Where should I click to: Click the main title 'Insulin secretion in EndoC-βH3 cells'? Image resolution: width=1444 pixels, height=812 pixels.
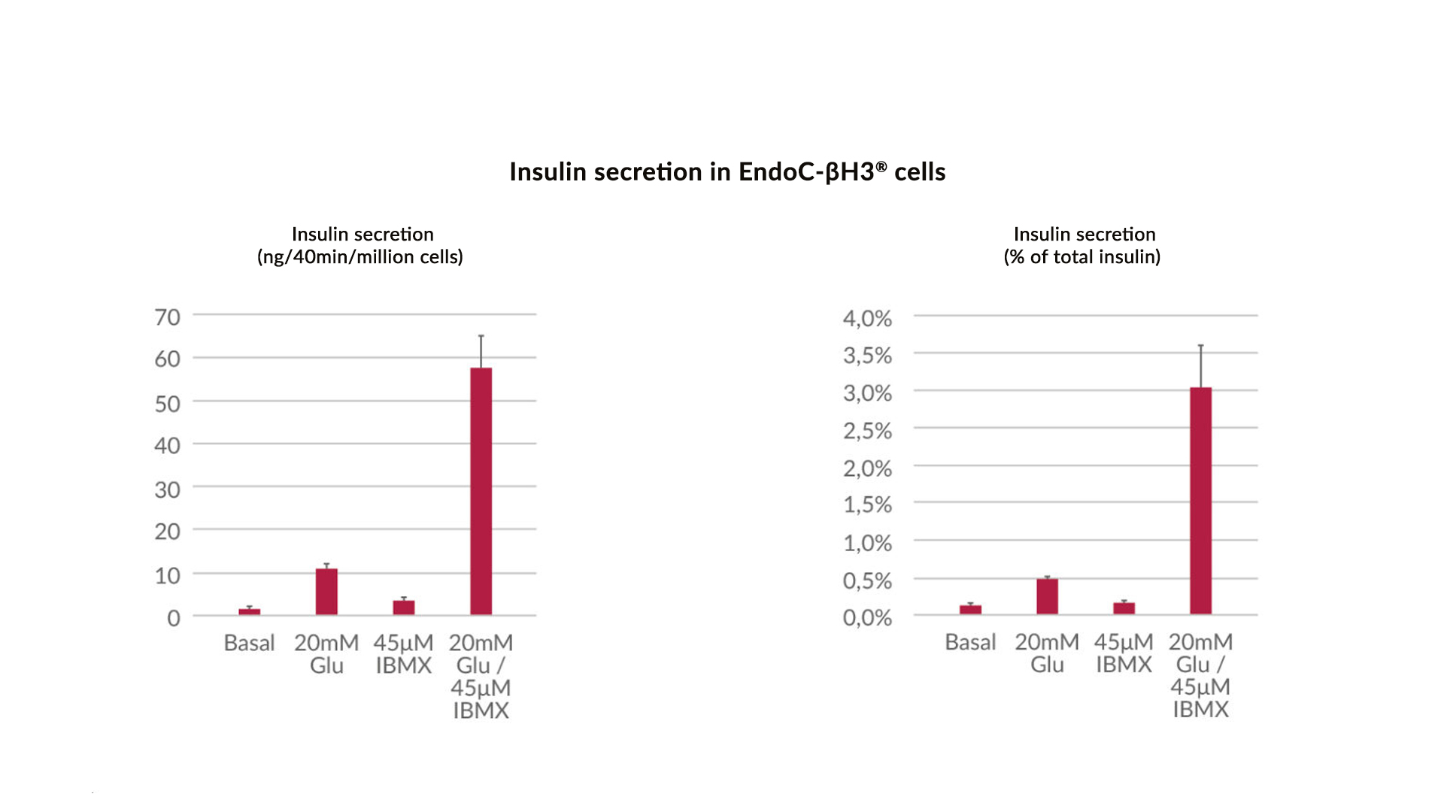(x=727, y=172)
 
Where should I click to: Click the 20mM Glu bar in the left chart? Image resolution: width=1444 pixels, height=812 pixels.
(x=326, y=592)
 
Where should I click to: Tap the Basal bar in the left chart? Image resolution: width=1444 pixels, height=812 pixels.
(x=250, y=611)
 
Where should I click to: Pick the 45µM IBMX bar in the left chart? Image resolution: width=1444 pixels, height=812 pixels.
(x=404, y=607)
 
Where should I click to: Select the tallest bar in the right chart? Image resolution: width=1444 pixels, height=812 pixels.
(x=1200, y=501)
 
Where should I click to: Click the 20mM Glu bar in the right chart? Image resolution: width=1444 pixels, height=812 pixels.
(x=1047, y=596)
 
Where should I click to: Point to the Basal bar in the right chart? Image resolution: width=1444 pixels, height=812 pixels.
(x=970, y=609)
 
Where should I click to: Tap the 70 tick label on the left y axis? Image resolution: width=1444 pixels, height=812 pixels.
(x=167, y=317)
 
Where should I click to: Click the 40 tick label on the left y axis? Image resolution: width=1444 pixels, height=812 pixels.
(x=167, y=446)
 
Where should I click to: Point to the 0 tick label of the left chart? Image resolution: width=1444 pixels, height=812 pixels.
(x=174, y=618)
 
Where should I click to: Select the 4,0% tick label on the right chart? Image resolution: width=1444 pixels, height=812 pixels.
(x=867, y=319)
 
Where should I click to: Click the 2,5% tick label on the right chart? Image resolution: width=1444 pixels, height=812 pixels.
(x=867, y=432)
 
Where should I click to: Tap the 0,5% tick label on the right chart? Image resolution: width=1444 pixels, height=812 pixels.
(x=867, y=581)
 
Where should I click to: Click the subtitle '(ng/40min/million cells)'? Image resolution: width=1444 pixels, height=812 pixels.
(x=360, y=257)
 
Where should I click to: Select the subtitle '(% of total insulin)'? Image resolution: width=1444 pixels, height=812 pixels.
(x=1082, y=257)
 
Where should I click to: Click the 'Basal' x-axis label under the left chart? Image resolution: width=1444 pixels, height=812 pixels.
(x=249, y=644)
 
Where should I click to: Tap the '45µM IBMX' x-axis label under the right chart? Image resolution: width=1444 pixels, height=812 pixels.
(x=1124, y=653)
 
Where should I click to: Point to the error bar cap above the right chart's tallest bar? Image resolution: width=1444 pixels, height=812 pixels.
(x=1201, y=346)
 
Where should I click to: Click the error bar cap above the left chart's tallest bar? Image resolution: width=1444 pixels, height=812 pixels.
(x=481, y=336)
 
